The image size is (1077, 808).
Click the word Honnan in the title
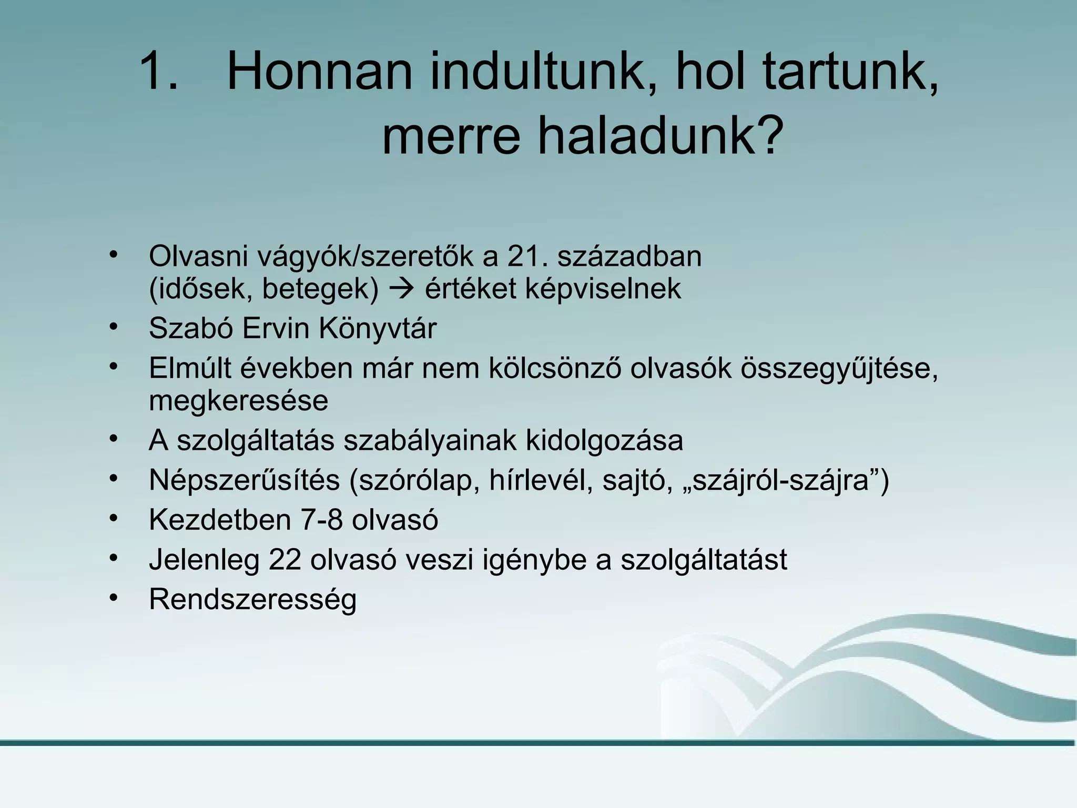319,72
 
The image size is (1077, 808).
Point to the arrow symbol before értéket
401,289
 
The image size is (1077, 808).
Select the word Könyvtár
378,329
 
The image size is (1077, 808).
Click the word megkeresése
238,401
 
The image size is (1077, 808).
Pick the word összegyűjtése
839,368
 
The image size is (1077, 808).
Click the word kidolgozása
604,440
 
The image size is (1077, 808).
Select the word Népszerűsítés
244,480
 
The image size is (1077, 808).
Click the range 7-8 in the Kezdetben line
321,520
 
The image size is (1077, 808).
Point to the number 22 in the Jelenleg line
285,559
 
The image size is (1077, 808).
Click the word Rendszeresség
252,599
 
